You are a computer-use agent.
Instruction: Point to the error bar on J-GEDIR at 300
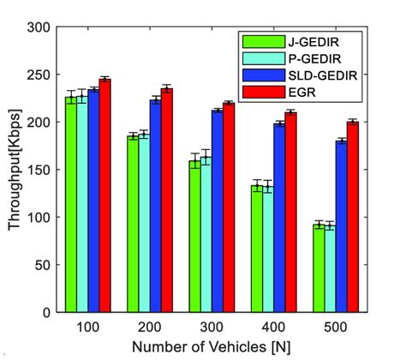[x=194, y=160]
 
